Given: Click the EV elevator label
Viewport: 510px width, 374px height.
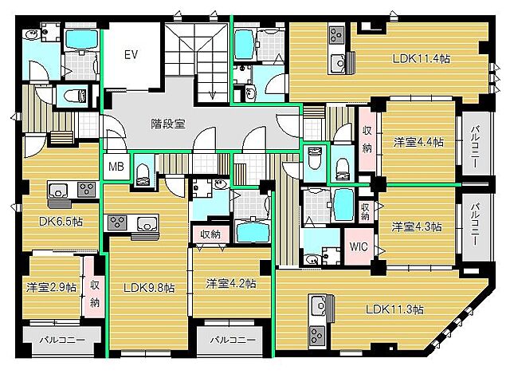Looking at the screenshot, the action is (x=131, y=55).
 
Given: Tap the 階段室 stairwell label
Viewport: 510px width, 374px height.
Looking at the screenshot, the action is (x=168, y=124).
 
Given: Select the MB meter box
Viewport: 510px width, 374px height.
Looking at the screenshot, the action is (x=116, y=167).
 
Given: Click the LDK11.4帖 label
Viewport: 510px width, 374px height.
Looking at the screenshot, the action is (x=422, y=58).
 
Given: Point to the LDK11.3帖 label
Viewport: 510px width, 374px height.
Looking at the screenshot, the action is (x=394, y=309).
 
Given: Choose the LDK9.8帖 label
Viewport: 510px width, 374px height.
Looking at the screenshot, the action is (x=149, y=288).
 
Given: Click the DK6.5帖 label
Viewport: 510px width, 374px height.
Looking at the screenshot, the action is (x=61, y=222).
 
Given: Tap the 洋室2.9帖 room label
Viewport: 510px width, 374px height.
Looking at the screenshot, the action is (x=51, y=287).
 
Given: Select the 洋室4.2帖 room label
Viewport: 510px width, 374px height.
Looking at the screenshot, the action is (x=231, y=284).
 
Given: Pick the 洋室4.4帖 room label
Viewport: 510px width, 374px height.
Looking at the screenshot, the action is (x=418, y=142).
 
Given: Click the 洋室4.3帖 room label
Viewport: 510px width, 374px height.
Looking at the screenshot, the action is (x=416, y=226).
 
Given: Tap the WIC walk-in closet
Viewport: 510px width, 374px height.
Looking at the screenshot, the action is (x=359, y=246).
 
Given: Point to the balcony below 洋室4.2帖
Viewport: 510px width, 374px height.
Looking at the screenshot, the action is (x=232, y=340).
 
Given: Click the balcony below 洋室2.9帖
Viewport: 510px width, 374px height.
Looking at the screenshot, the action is (x=62, y=341).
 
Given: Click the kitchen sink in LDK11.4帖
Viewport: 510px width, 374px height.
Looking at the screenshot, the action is (x=338, y=63).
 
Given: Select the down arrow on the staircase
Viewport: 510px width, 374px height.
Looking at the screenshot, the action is (x=213, y=93).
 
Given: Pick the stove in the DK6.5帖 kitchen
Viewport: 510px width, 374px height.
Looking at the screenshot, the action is (x=87, y=189).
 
